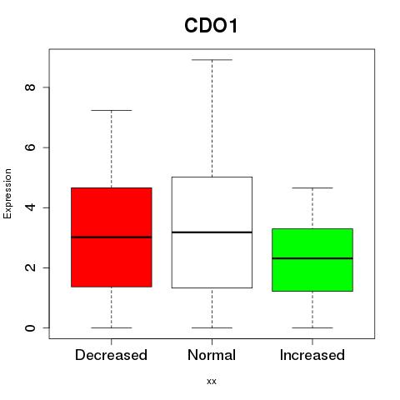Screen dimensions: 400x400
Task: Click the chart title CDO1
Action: click(x=211, y=26)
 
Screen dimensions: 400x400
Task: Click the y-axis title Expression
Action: click(x=7, y=193)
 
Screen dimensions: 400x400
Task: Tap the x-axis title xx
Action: click(x=212, y=382)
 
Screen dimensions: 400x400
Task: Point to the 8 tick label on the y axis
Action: click(x=30, y=87)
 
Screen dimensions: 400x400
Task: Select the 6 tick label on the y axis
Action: click(x=30, y=147)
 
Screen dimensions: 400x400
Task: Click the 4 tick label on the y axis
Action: click(x=30, y=207)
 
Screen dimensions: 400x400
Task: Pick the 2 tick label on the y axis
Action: click(x=30, y=267)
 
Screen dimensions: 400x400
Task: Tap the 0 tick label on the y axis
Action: click(x=30, y=327)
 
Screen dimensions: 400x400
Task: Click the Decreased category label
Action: click(x=111, y=355)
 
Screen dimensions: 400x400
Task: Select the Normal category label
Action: click(x=212, y=355)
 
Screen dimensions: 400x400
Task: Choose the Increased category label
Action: click(x=312, y=355)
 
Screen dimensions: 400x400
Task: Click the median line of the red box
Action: click(x=112, y=237)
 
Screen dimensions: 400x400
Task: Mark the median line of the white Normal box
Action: click(x=212, y=232)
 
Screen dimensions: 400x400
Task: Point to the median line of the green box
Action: click(x=312, y=258)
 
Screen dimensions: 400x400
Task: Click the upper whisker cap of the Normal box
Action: click(x=212, y=60)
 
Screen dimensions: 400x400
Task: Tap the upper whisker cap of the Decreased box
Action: click(x=112, y=110)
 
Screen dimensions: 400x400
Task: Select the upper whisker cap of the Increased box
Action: click(x=312, y=188)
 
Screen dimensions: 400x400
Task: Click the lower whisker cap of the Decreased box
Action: click(x=112, y=327)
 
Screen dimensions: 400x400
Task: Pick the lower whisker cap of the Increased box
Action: click(x=312, y=327)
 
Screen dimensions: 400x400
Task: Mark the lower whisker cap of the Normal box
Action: click(x=212, y=327)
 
